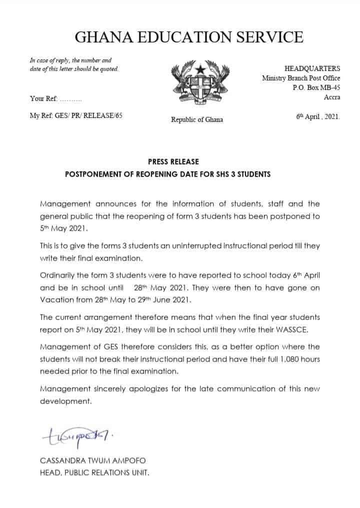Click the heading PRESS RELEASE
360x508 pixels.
point(173,161)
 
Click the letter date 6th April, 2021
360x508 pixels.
point(317,116)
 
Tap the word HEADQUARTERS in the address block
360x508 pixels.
point(312,68)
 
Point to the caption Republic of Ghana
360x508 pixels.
point(197,119)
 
